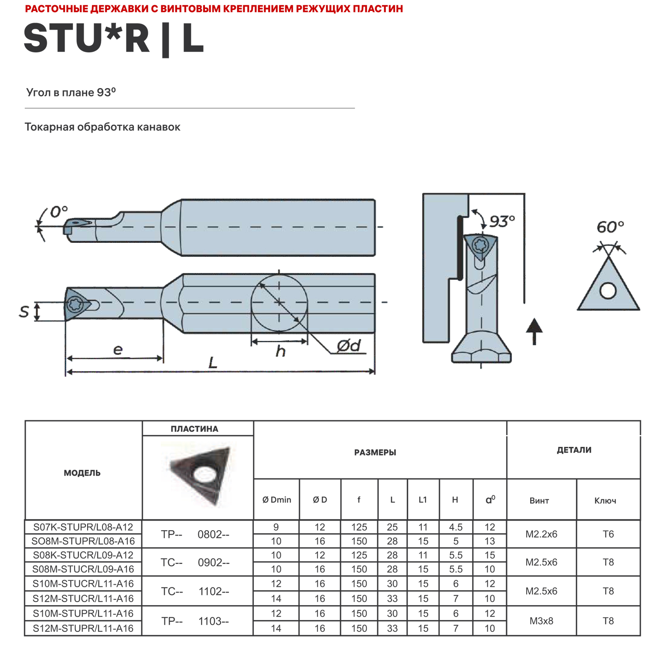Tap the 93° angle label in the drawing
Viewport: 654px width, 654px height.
(502, 221)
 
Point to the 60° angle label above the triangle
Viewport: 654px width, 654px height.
(610, 227)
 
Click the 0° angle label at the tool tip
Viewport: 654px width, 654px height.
(58, 212)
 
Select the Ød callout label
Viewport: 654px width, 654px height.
(349, 346)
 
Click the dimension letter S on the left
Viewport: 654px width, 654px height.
(24, 311)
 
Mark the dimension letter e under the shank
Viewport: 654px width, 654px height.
(118, 350)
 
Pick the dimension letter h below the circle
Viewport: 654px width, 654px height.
(280, 351)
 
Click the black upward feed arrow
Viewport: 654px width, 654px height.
(534, 331)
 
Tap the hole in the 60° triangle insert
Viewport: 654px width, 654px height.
(608, 290)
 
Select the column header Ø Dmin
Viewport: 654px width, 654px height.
(276, 500)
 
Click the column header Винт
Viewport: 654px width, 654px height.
(539, 501)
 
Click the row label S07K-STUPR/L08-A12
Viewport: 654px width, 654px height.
(83, 527)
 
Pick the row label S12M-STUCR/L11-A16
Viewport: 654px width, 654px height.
(83, 598)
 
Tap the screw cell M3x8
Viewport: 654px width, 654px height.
(541, 621)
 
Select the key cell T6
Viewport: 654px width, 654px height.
(608, 534)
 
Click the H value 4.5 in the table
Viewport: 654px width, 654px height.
(456, 527)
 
